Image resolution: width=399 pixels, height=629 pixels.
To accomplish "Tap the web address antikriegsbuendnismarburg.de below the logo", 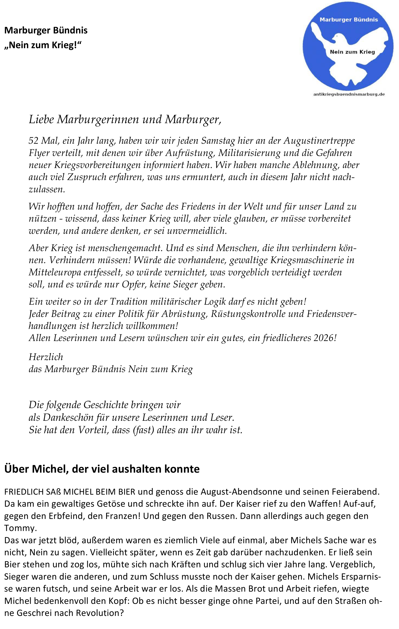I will coord(349,94).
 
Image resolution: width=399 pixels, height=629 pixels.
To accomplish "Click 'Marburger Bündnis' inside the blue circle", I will coord(349,20).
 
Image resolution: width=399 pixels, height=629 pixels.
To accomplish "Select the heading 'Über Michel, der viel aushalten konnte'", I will coord(102,469).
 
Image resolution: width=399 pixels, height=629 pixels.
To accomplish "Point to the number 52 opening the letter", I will coord(34,141).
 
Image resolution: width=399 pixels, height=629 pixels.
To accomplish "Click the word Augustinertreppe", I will coord(319,141).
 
